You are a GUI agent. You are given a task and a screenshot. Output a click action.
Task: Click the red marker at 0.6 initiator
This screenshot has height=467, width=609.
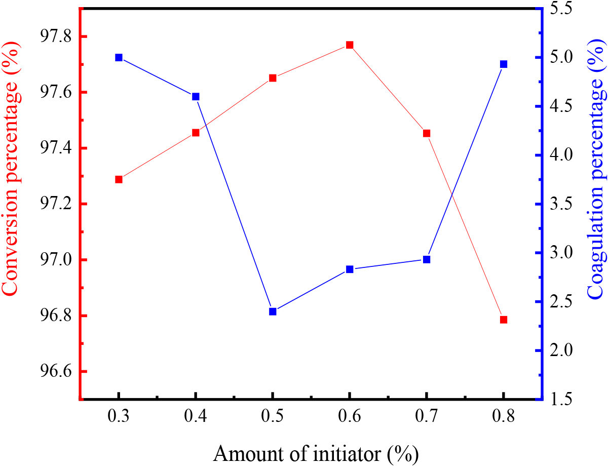click(x=350, y=45)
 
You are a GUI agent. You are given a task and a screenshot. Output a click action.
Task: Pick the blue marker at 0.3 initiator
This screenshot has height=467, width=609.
click(x=119, y=58)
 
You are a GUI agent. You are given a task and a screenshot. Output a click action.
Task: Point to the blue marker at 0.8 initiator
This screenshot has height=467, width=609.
click(x=504, y=64)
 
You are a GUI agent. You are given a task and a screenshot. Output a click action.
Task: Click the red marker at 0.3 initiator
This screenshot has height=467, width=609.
click(x=119, y=179)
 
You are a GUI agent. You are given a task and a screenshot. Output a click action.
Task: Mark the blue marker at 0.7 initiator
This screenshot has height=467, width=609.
click(x=427, y=259)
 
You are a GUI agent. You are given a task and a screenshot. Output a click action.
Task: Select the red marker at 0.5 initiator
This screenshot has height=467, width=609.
click(x=273, y=78)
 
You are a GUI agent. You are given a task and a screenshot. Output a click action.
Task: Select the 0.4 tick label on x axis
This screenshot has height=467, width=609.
click(x=196, y=418)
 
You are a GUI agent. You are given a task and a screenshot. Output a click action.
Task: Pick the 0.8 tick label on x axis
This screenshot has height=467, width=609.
click(x=504, y=418)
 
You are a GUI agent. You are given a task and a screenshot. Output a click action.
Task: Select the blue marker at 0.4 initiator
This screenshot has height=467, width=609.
click(x=196, y=97)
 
